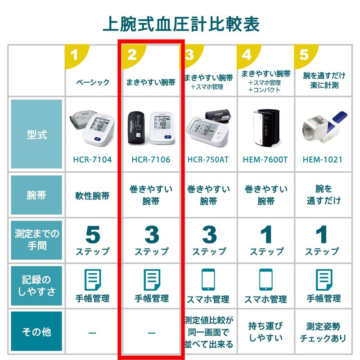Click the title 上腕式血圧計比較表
(181, 24)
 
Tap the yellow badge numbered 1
(75, 55)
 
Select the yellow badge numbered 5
(305, 55)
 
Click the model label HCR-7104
(92, 160)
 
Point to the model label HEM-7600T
(265, 160)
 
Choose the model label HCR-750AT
(208, 160)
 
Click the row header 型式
(36, 134)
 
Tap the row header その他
(36, 331)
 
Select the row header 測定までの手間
(36, 240)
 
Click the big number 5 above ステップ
(93, 234)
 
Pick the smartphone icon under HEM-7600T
(266, 279)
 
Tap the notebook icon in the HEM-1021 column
(324, 280)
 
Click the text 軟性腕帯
(92, 196)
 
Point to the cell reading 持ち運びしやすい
(265, 332)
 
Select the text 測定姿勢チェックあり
(323, 332)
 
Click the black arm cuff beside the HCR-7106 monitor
(136, 128)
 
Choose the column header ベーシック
(93, 82)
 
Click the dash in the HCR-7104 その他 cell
(92, 333)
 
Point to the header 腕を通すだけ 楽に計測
(324, 81)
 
